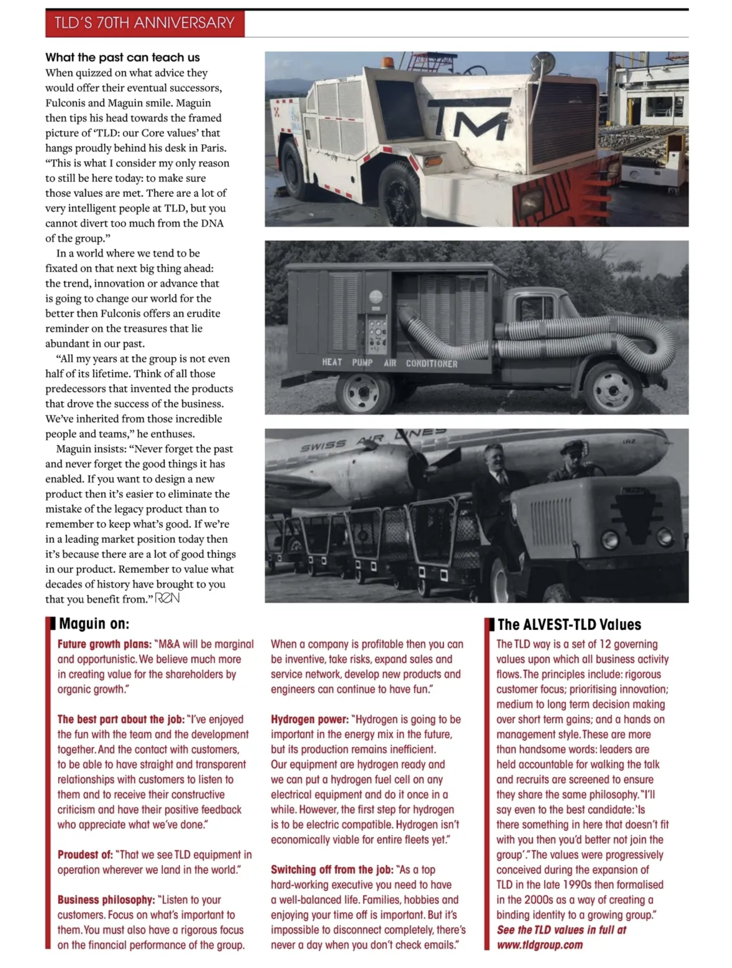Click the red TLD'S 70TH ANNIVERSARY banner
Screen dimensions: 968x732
(144, 23)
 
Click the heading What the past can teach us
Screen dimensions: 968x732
(122, 57)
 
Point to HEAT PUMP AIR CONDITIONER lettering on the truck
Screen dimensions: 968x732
(390, 363)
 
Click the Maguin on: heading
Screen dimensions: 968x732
(94, 624)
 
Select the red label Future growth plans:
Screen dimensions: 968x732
(104, 644)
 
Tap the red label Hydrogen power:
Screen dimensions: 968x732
(309, 719)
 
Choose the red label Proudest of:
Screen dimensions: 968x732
(85, 855)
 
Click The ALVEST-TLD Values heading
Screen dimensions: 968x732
(569, 624)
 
